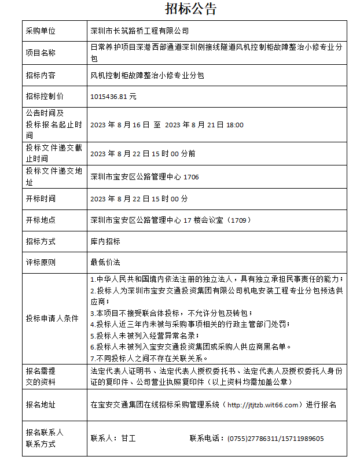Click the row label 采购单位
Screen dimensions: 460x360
coord(41,31)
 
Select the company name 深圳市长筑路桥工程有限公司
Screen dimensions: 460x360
coord(139,31)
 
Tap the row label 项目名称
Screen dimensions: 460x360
coord(41,53)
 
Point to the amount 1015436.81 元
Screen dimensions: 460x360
coord(113,97)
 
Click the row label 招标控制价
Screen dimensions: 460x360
coord(45,97)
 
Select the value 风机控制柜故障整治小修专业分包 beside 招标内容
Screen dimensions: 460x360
coord(147,75)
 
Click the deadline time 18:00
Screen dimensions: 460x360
coord(234,125)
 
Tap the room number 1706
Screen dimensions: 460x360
coord(191,177)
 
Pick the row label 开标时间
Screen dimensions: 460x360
coord(41,198)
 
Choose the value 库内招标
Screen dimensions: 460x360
coord(105,241)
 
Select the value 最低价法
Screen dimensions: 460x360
coord(105,263)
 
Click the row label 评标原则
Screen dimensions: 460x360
coord(41,263)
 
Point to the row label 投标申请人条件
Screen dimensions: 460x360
coord(52,318)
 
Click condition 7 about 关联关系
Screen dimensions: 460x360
coord(141,358)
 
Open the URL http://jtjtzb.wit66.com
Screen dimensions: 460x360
coord(264,404)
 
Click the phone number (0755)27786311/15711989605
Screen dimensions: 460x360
coord(275,439)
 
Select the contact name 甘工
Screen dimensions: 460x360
coord(128,439)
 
